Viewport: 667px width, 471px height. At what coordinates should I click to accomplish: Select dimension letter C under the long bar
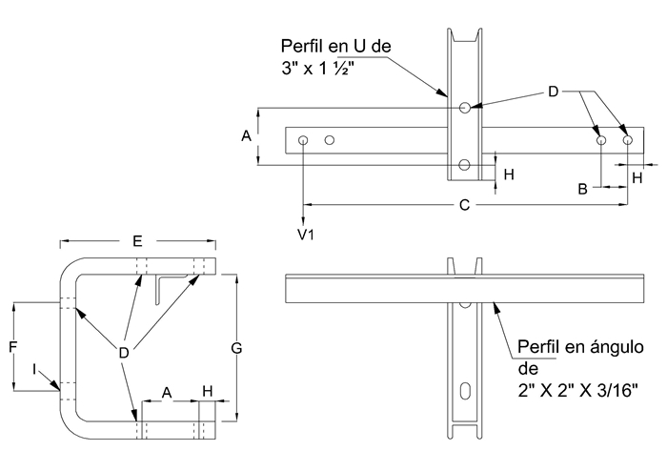point(464,204)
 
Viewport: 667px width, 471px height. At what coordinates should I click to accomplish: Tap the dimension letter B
point(582,189)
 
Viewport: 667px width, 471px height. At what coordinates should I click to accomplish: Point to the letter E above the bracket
point(138,240)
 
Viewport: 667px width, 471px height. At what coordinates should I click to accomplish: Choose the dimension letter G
point(236,349)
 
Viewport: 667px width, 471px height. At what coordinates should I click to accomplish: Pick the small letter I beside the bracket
point(34,368)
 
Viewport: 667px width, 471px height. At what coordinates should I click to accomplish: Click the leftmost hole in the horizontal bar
point(303,141)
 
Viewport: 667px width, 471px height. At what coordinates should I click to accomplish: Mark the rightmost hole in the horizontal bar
point(628,141)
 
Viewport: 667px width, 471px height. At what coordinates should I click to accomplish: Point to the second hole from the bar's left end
point(330,141)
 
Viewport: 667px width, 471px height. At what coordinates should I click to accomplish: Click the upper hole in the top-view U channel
point(464,108)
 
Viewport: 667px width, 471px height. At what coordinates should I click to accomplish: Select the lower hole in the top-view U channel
point(464,166)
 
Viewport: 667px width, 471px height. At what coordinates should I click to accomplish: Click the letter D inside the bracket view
point(124,353)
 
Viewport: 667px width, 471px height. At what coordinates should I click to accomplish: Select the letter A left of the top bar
point(245,136)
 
